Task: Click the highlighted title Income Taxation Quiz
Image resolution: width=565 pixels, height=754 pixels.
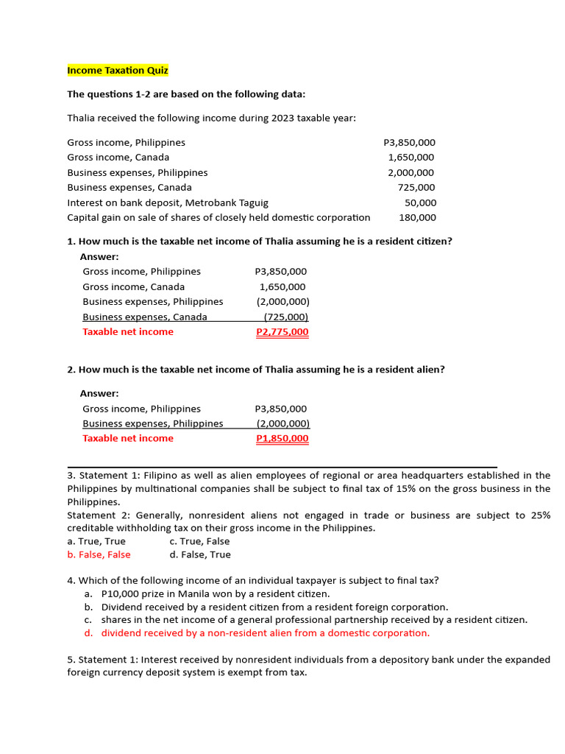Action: [118, 71]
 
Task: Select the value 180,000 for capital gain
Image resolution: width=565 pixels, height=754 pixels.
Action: [417, 217]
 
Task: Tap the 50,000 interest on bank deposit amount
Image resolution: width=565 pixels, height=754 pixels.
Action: [420, 202]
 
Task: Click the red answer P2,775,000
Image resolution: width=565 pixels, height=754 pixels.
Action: [282, 332]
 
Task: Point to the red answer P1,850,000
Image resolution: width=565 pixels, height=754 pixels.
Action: [282, 439]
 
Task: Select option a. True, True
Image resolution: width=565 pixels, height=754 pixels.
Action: [96, 541]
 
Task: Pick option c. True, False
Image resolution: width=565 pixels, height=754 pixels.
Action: [199, 541]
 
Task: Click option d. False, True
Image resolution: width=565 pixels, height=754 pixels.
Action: [199, 554]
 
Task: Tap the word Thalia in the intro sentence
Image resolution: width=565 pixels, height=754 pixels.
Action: [82, 118]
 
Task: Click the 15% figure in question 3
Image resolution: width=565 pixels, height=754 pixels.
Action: [383, 489]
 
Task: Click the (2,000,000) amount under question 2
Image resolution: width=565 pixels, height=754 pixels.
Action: [282, 423]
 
